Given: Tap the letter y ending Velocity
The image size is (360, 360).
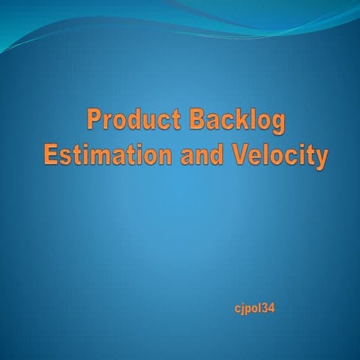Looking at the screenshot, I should [321, 160].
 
